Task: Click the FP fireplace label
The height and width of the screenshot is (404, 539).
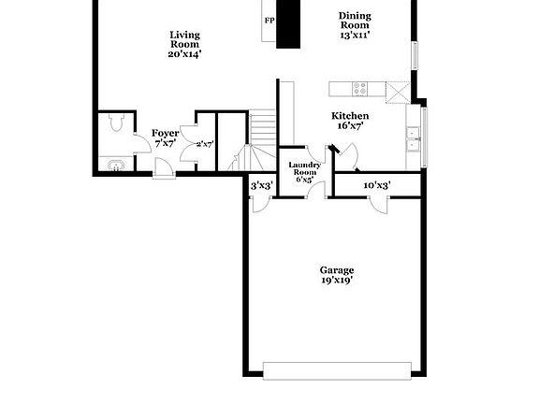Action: pos(269,21)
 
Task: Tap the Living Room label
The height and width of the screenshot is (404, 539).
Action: pos(184,38)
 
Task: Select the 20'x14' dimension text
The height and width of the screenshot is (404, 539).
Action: pos(184,53)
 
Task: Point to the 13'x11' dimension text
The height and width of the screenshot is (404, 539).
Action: pos(355,35)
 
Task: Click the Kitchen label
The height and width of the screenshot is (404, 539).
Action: pos(349,116)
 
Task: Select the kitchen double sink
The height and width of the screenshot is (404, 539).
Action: pos(413,139)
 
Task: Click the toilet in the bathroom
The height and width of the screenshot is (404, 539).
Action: pos(114,123)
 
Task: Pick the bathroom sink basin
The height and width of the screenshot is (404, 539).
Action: pos(114,166)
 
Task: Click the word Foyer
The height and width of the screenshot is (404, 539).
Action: pos(165,134)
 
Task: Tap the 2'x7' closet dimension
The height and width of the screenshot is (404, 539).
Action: pos(204,144)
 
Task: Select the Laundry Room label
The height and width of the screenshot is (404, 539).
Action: pos(305,169)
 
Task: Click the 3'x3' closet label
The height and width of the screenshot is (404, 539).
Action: pos(261,186)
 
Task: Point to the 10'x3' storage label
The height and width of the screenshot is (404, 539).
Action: pos(376,186)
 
